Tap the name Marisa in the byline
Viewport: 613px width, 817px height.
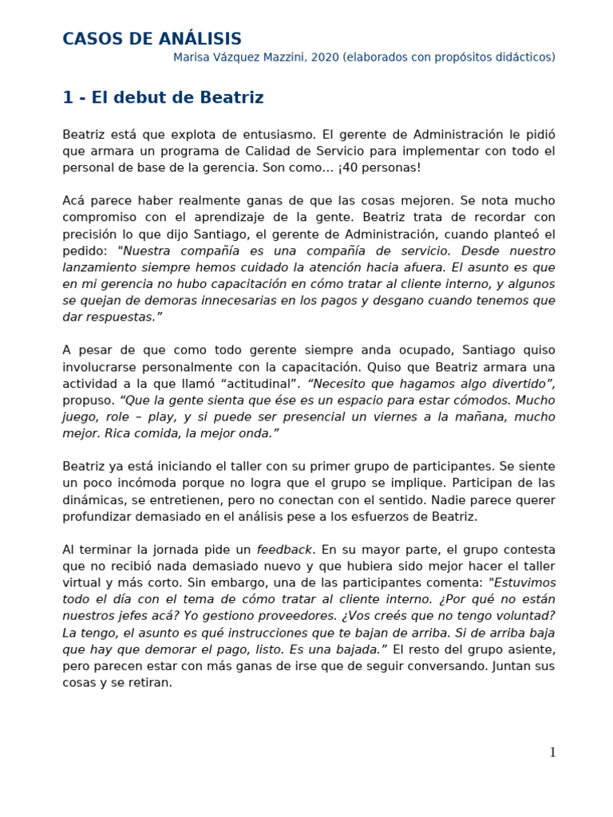click(x=193, y=57)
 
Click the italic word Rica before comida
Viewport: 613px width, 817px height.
click(x=116, y=434)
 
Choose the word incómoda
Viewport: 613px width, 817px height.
click(x=138, y=483)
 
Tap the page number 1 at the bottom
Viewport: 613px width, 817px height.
click(x=552, y=752)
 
